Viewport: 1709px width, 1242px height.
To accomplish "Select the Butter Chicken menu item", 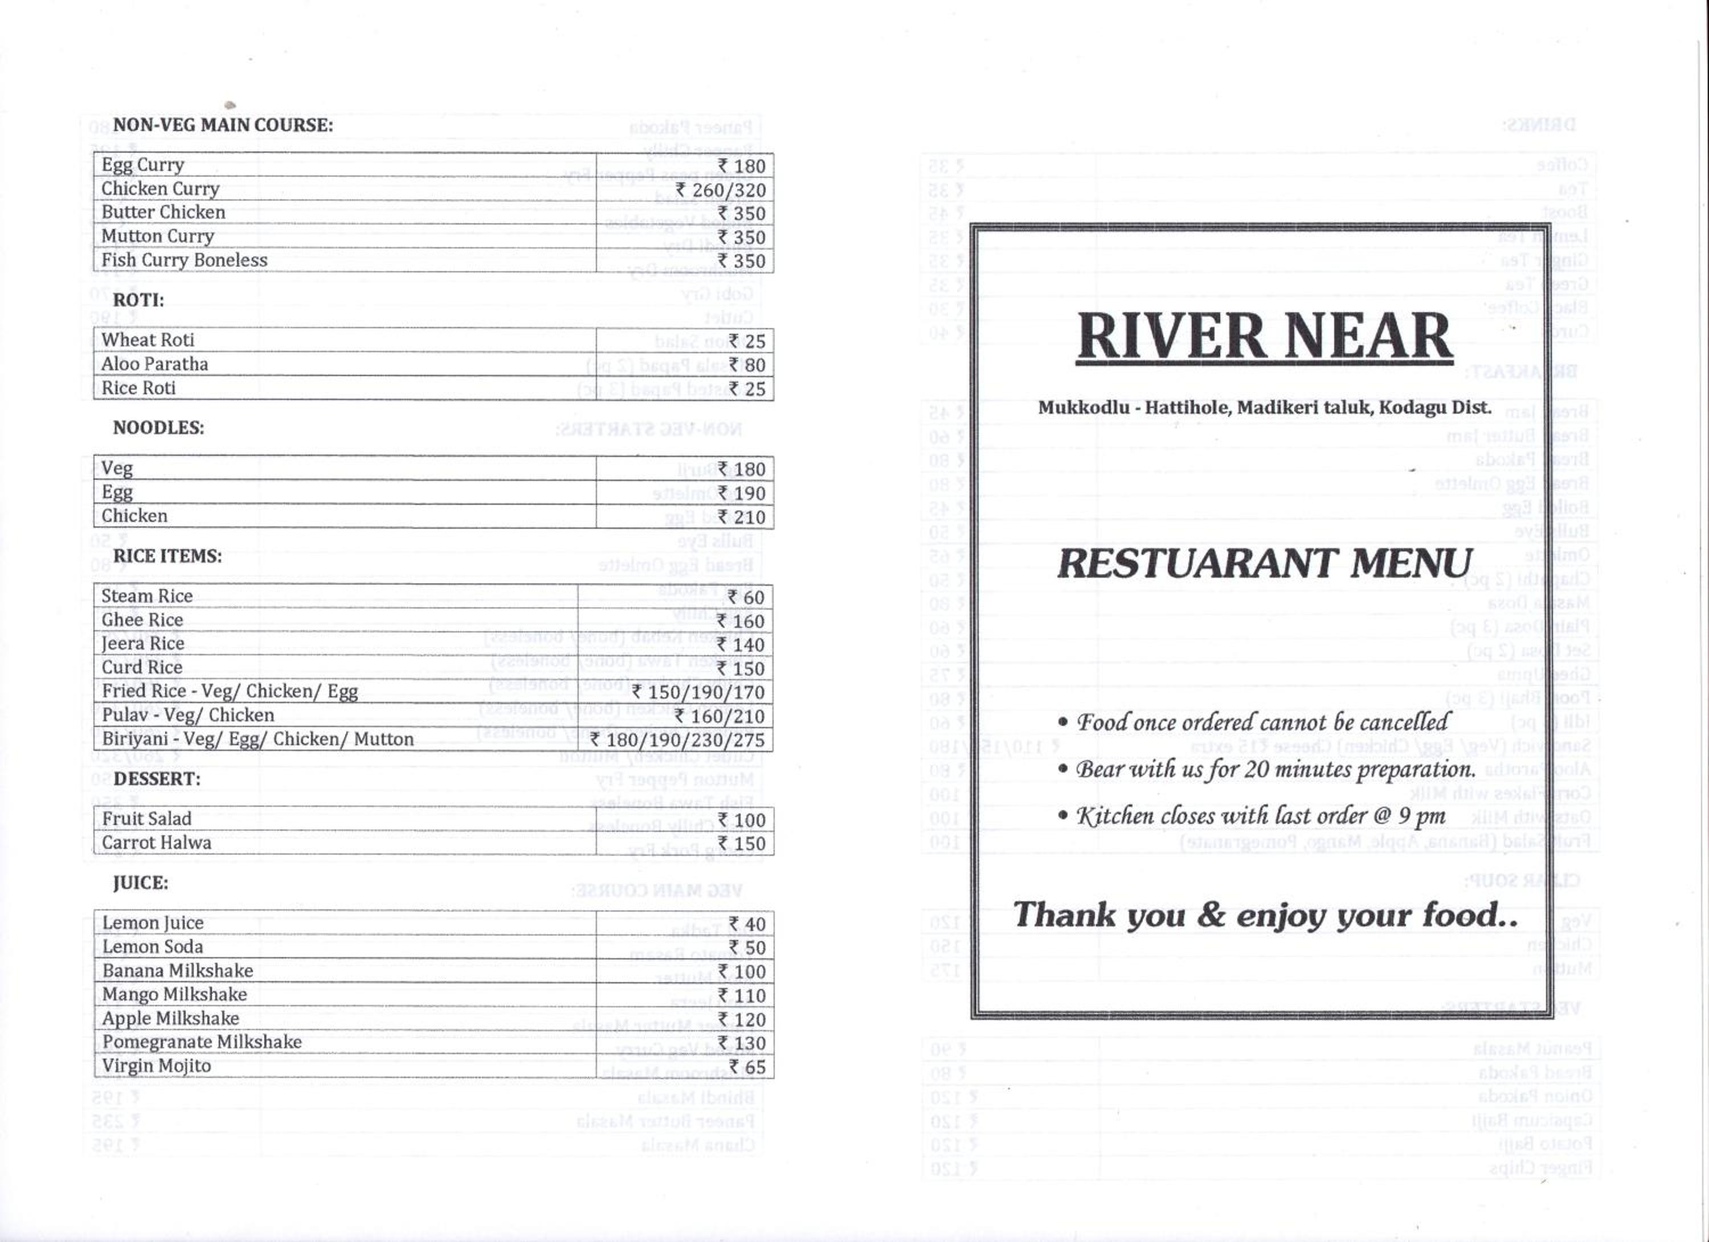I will pos(163,213).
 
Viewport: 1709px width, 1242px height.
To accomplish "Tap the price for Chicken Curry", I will pos(721,190).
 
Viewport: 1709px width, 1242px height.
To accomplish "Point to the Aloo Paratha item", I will pos(154,364).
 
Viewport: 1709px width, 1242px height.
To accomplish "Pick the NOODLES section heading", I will pos(158,428).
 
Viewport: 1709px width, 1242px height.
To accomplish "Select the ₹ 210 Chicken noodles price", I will pos(742,518).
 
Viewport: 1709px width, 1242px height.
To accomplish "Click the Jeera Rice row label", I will pos(142,644).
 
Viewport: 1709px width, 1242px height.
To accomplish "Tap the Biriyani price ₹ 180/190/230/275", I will pos(677,740).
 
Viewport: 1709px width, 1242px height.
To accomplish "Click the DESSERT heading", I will pos(157,778).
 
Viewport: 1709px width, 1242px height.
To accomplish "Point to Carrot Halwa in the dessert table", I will pos(157,843).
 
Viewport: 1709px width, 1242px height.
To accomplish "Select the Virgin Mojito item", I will pos(157,1065).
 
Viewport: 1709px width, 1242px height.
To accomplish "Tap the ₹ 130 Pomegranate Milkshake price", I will pos(742,1044).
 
